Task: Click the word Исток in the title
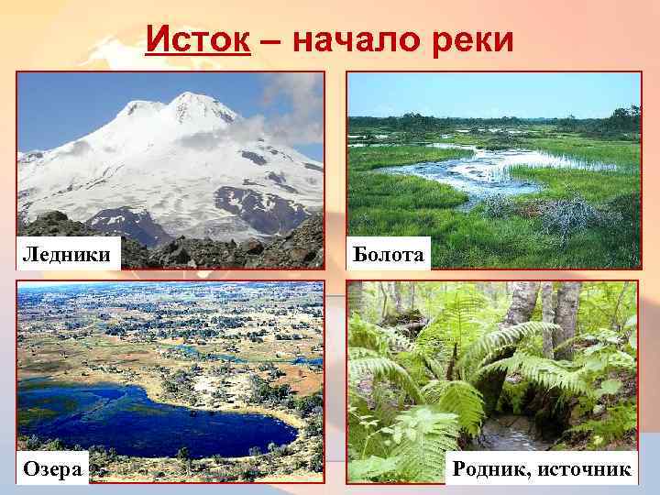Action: [198, 39]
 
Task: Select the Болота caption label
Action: [389, 252]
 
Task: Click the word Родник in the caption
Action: [493, 469]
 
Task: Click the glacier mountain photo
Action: [170, 165]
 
